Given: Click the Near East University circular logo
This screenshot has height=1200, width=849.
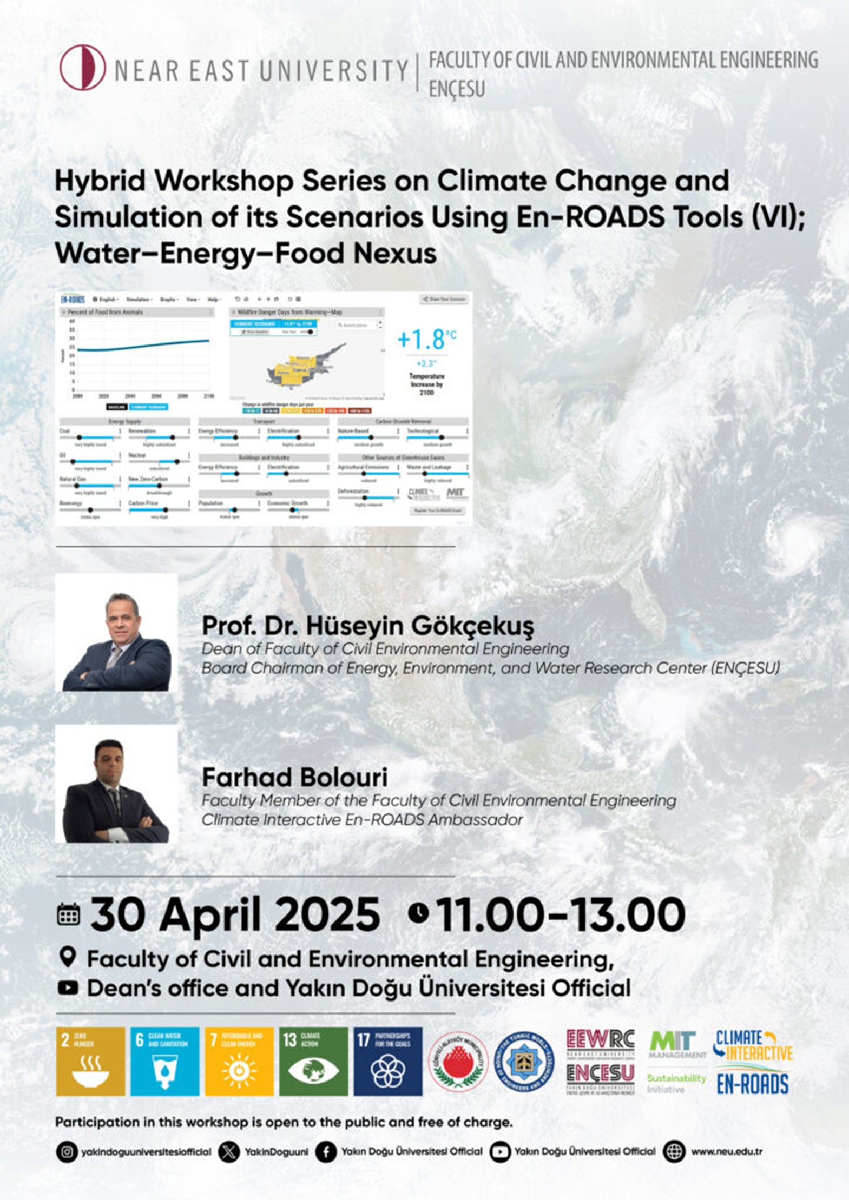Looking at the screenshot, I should [x=82, y=68].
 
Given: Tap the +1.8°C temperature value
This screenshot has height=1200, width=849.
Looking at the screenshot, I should [x=426, y=339].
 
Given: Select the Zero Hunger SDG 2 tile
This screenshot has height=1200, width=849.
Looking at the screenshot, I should [x=90, y=1061].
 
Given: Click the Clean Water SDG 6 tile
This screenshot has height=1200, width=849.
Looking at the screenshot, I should [x=164, y=1061].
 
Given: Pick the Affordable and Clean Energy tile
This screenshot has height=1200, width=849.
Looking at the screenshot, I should [x=239, y=1061].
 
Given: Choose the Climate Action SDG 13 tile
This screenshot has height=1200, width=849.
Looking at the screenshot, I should [x=313, y=1061].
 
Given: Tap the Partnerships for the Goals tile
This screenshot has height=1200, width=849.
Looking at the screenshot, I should [x=388, y=1061].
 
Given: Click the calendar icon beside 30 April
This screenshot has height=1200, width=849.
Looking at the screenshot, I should [x=68, y=914].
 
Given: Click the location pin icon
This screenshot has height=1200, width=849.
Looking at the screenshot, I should [x=67, y=958].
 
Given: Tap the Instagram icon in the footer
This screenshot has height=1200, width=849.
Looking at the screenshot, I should [x=67, y=1152].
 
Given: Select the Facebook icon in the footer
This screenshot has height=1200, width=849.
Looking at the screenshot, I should [x=326, y=1152].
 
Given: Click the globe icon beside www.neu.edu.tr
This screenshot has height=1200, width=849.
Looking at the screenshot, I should [x=674, y=1152].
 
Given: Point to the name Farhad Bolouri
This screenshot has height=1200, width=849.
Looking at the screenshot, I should [x=294, y=778].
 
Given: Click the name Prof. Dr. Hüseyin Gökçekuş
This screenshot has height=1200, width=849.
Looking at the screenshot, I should [x=367, y=626].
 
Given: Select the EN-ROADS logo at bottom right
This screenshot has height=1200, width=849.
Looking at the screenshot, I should [x=752, y=1084].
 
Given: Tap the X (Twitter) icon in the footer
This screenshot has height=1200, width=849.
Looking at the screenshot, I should [x=229, y=1152].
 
